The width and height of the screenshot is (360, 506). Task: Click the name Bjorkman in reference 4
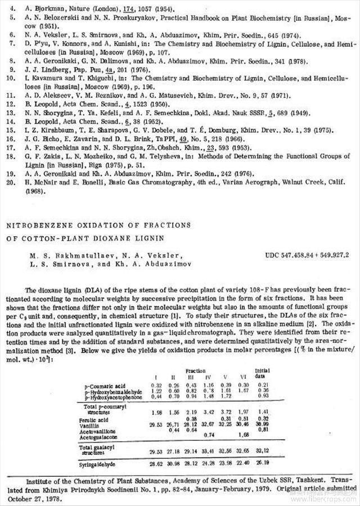(x=43, y=10)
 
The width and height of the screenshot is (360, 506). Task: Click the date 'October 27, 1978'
(x=36, y=499)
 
